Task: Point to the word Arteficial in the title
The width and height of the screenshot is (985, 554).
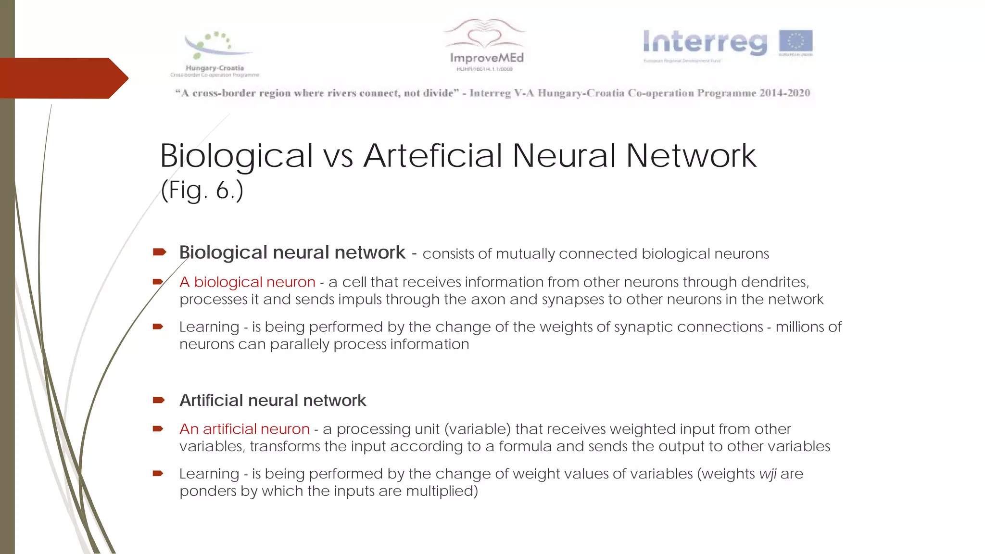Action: (x=432, y=156)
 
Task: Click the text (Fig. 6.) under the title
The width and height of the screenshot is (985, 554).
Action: (x=202, y=190)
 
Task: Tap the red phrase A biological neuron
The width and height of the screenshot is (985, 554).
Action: (x=247, y=282)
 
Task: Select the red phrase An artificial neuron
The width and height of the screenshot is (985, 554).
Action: (x=244, y=428)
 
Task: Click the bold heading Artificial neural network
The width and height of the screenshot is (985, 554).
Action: (x=273, y=400)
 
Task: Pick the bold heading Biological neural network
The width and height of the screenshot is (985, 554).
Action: (x=292, y=252)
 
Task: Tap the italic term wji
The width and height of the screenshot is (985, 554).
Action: (x=768, y=474)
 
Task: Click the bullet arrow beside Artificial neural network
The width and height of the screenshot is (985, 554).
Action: (x=159, y=400)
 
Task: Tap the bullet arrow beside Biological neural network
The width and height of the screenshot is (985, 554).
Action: (x=159, y=252)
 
